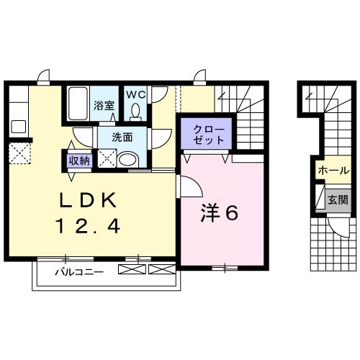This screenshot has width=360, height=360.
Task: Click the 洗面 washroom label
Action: tap(122, 137)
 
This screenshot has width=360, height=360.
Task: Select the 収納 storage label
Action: tap(78, 161)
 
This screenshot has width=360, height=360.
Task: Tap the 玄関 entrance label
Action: tap(337, 199)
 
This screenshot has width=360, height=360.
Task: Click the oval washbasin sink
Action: tap(128, 159)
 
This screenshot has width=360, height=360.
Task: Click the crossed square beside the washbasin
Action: tap(107, 159)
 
